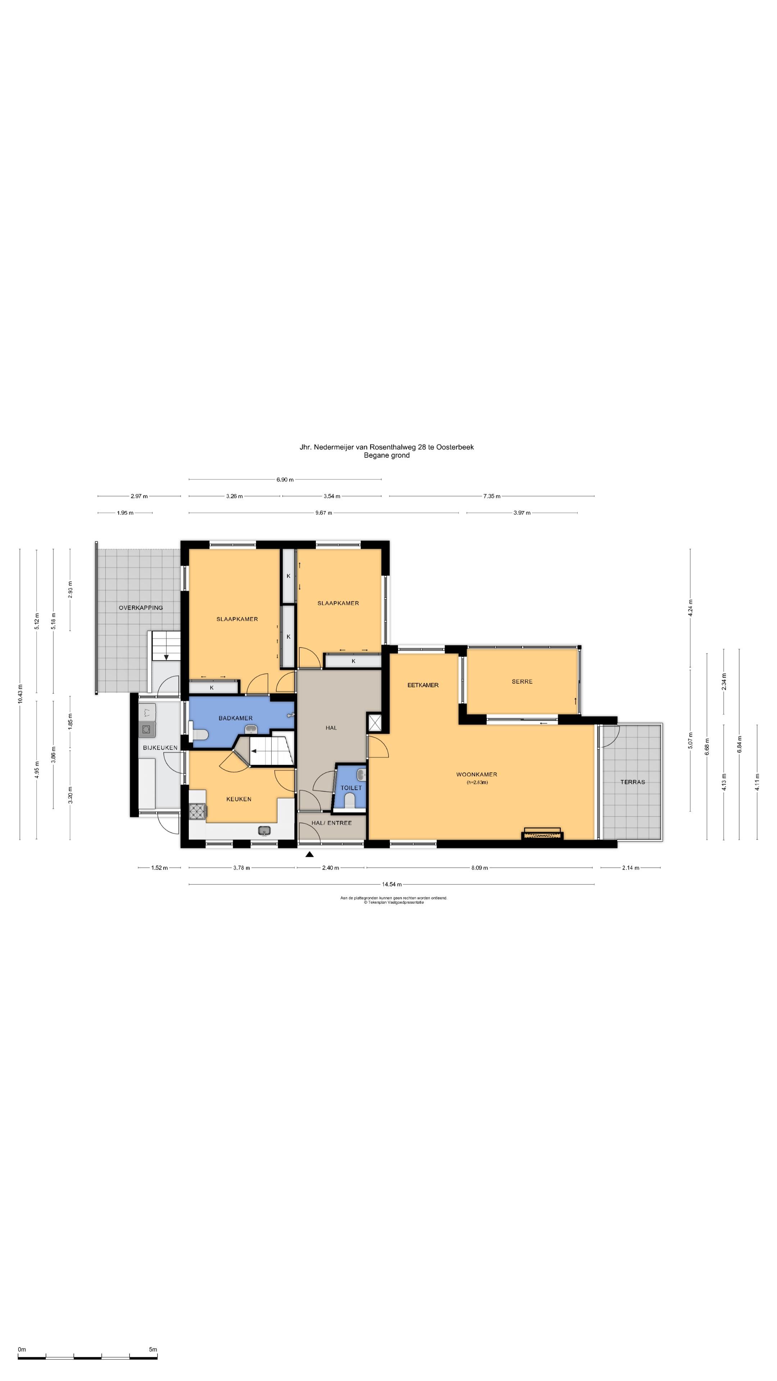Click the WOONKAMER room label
(x=476, y=774)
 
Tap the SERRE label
(x=522, y=682)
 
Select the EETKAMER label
(x=423, y=685)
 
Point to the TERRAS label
(x=632, y=781)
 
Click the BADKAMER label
(x=235, y=718)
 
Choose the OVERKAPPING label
(x=141, y=607)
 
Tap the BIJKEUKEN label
(x=160, y=747)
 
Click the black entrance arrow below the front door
(x=309, y=854)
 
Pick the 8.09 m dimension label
(x=480, y=867)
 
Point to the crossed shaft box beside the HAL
(x=374, y=723)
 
